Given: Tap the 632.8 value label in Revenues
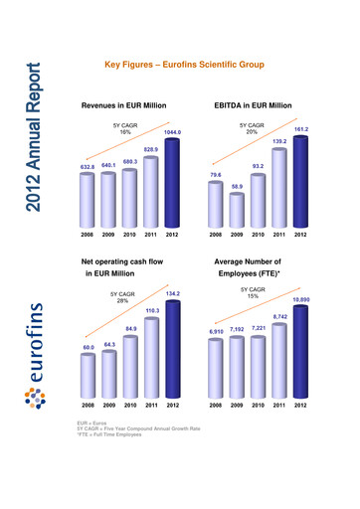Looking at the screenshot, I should [87, 167].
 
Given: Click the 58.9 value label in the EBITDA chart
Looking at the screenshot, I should [237, 186].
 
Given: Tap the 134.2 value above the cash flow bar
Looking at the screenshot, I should [173, 293].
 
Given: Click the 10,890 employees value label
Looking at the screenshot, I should [300, 298].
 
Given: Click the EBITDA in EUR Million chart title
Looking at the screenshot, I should [253, 103].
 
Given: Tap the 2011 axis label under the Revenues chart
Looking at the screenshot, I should [151, 235].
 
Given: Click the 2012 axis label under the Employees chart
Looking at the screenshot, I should [300, 406].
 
